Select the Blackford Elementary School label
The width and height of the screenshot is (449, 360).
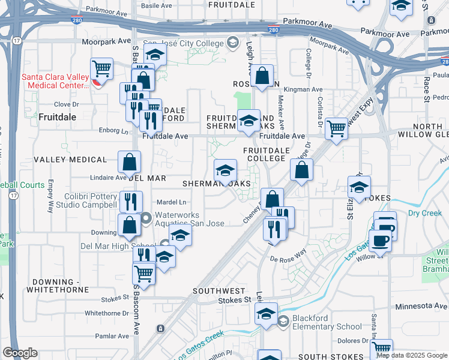(327, 322)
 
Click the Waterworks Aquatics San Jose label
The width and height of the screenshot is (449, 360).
(190, 219)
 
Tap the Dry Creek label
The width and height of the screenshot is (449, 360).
(424, 213)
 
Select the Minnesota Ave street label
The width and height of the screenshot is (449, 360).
(421, 307)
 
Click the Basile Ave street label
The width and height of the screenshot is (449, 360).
(156, 5)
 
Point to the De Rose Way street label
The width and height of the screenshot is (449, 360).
(288, 259)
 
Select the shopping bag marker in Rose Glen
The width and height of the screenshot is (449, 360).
(262, 76)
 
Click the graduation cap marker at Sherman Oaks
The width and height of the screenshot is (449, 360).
(225, 171)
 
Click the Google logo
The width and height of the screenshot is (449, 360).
(20, 353)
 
